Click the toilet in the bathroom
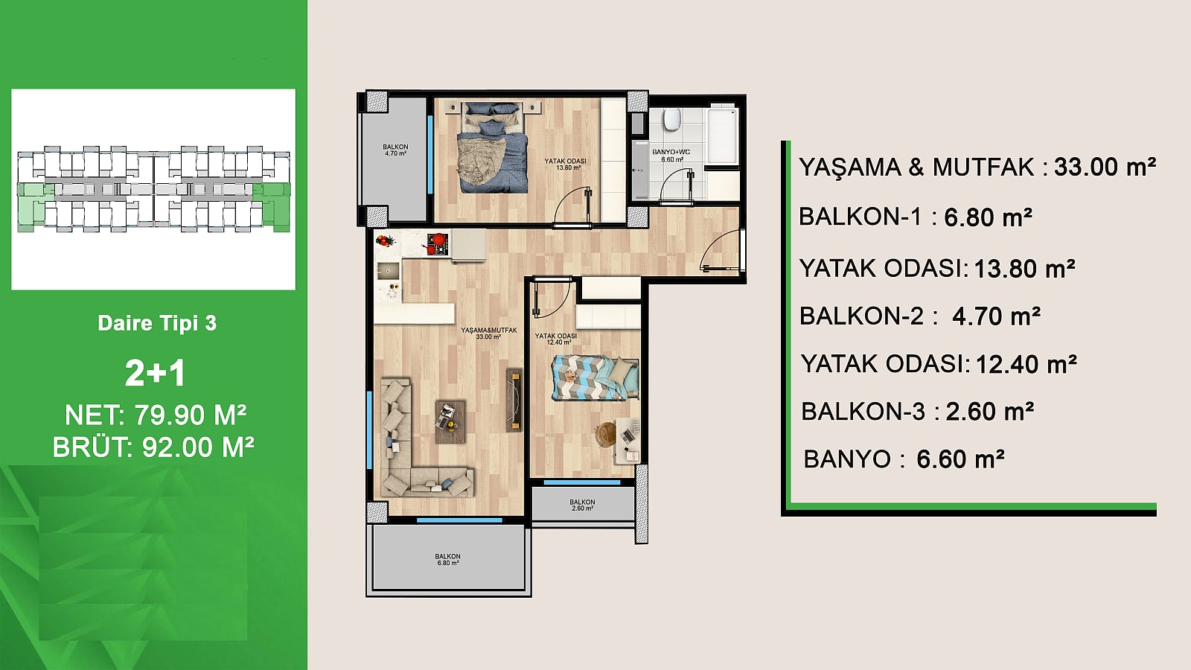pos(673,119)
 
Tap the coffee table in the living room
pos(450,422)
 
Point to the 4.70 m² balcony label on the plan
pos(395,150)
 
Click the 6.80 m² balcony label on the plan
pos(447,559)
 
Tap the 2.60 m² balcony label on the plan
pos(582,505)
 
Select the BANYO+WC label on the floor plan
pos(671,156)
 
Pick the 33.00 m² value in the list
pos(1105,167)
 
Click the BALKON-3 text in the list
pos(863,412)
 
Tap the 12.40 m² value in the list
pos(1026,364)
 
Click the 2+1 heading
pos(156,373)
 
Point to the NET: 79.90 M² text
pos(156,415)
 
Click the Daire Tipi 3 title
pos(157,323)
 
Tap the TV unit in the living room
pos(514,400)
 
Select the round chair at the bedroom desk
pos(606,433)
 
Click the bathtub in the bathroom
pos(722,135)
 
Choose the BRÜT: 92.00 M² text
pos(153,447)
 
